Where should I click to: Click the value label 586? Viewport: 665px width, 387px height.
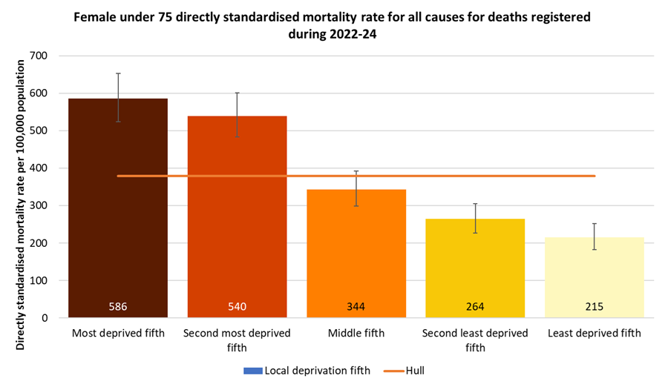pos(118,306)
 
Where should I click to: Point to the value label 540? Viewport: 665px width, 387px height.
pos(237,306)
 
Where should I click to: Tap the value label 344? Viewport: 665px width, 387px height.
pos(356,306)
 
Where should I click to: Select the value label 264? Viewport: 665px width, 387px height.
pos(475,306)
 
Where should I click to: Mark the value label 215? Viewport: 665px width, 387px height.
pos(594,306)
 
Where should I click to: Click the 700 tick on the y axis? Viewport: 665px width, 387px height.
pos(38,56)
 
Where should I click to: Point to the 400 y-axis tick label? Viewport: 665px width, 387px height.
pos(38,168)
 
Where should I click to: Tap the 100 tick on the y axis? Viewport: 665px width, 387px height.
pos(38,281)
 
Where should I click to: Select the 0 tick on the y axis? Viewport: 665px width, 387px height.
pos(44,318)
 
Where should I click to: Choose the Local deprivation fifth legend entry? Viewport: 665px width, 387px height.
pos(312,370)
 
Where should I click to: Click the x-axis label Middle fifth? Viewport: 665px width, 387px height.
pos(356,334)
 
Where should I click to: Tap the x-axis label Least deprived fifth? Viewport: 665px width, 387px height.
pos(594,334)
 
